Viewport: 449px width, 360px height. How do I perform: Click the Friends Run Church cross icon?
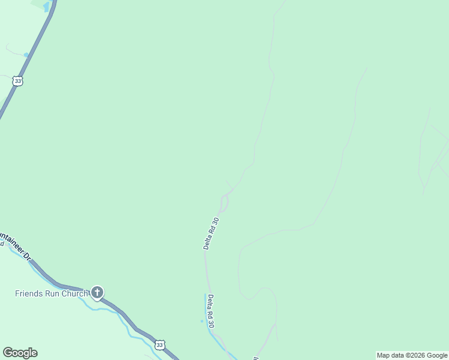click(x=97, y=293)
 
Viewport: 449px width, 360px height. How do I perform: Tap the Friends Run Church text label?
click(x=52, y=293)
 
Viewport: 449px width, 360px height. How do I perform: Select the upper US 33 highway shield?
click(x=19, y=81)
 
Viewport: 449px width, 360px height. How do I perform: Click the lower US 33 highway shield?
click(x=159, y=344)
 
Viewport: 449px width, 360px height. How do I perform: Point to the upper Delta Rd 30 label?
click(x=211, y=233)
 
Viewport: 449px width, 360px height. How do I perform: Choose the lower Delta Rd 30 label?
click(x=211, y=311)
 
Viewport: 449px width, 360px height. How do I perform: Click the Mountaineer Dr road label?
click(x=14, y=245)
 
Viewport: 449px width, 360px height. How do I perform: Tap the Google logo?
click(x=20, y=353)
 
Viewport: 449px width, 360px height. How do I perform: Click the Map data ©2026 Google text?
click(x=412, y=355)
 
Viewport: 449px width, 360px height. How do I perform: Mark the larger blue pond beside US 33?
click(x=47, y=7)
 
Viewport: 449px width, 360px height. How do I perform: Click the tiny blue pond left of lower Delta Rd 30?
click(x=202, y=321)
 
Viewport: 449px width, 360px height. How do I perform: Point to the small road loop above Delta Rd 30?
click(x=224, y=204)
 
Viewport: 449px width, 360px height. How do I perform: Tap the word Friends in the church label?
click(x=29, y=293)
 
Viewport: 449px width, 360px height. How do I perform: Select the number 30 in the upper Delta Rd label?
click(x=215, y=220)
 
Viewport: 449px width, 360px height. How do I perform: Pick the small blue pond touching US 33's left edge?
click(x=26, y=55)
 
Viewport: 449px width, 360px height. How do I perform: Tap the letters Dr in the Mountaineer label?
click(x=26, y=256)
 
